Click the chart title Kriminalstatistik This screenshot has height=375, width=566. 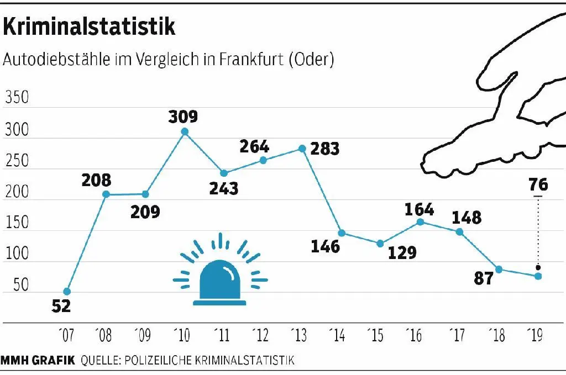click(x=90, y=27)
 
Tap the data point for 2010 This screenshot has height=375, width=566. click(x=185, y=131)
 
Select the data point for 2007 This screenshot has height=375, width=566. click(x=67, y=291)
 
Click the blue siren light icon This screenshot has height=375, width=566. click(x=220, y=274)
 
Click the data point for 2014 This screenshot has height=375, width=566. click(x=342, y=233)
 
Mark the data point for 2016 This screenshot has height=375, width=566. click(x=420, y=221)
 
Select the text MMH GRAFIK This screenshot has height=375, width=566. click(x=38, y=361)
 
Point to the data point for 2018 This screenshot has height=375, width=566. click(x=499, y=269)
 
